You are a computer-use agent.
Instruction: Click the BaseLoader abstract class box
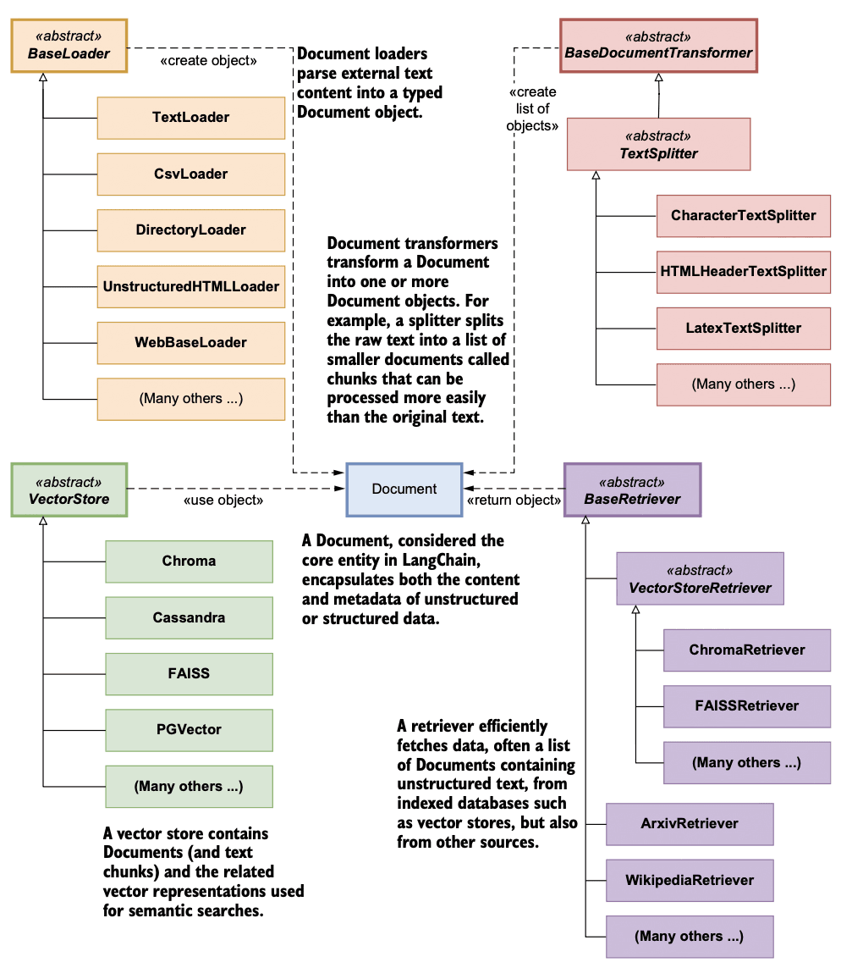tap(69, 46)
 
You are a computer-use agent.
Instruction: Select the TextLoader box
tap(190, 118)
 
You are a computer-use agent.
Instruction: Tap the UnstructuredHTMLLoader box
tap(190, 286)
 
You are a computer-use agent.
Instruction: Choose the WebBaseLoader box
tap(190, 343)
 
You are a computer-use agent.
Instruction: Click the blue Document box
tap(404, 489)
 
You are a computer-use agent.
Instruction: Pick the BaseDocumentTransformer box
tap(658, 46)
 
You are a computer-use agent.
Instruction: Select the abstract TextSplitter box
tap(658, 145)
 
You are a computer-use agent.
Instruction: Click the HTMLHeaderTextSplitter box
tap(743, 272)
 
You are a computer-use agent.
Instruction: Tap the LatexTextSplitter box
tap(743, 328)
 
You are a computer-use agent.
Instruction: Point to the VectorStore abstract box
tap(69, 489)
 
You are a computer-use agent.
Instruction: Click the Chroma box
tap(189, 561)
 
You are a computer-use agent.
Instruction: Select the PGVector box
tap(189, 730)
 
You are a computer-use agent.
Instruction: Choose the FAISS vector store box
tap(189, 674)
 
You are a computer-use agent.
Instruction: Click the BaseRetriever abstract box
tap(632, 489)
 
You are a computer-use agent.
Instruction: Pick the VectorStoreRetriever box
tap(700, 579)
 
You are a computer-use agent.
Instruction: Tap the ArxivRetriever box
tap(690, 824)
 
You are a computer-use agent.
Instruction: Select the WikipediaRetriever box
tap(690, 880)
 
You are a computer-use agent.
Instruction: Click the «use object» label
tap(223, 501)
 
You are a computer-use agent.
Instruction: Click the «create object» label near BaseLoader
tap(208, 62)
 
